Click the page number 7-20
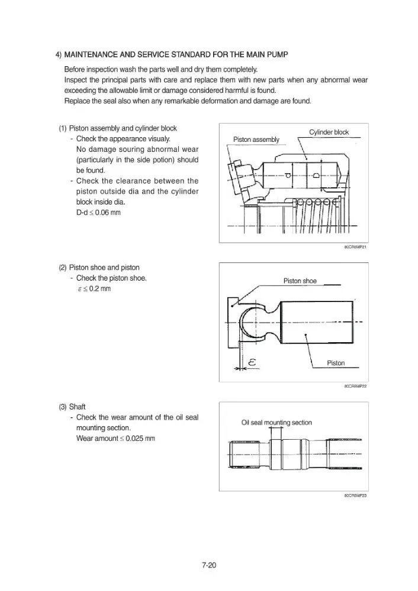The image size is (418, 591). click(209, 565)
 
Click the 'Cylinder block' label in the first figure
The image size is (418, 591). click(329, 132)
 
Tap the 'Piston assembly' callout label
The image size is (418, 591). click(256, 139)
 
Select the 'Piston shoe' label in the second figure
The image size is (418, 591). click(300, 281)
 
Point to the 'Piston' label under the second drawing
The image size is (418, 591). click(336, 363)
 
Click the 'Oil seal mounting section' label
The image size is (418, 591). click(276, 423)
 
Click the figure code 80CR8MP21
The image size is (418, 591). click(355, 247)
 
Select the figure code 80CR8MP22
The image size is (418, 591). click(355, 386)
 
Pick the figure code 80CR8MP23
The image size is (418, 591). click(355, 495)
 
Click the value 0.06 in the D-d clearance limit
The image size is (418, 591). click(102, 213)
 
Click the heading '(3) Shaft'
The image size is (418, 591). click(72, 407)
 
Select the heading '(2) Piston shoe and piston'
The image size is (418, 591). click(99, 268)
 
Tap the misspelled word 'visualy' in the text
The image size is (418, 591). click(158, 139)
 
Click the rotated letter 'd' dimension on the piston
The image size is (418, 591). click(288, 176)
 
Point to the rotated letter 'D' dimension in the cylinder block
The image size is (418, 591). click(316, 176)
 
